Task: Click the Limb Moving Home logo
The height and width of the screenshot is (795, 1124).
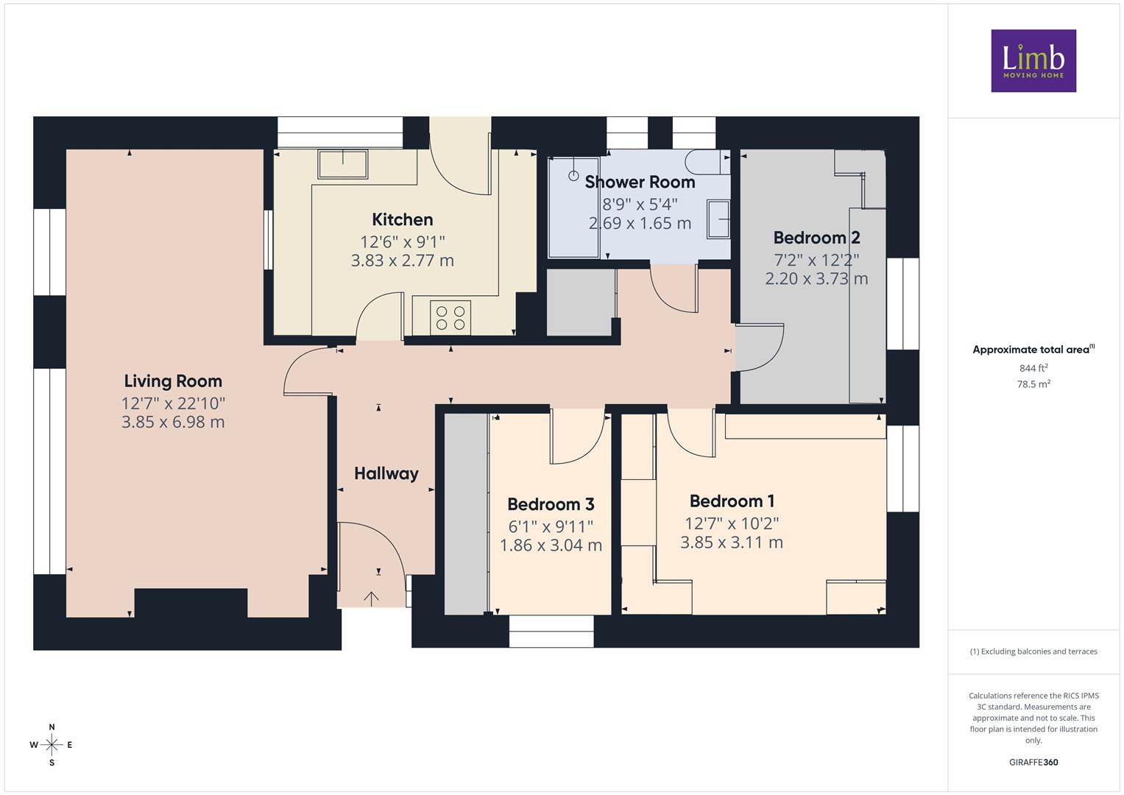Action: (x=1033, y=60)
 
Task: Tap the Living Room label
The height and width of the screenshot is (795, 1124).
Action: (x=173, y=381)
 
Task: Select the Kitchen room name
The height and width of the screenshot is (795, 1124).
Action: (x=403, y=219)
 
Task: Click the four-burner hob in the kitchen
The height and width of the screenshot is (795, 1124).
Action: (x=450, y=318)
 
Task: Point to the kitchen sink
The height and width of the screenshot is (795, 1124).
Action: (x=343, y=163)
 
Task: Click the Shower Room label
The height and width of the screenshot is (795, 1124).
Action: (x=640, y=182)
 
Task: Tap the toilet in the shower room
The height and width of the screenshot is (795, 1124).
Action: (x=708, y=162)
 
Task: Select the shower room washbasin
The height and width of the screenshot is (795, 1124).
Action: (x=718, y=219)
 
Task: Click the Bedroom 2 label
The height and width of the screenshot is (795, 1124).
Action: (x=816, y=237)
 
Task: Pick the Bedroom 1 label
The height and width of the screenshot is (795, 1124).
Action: (x=732, y=501)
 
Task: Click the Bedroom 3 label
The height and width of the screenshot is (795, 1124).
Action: (x=551, y=504)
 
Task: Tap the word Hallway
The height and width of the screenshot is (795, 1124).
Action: (x=386, y=473)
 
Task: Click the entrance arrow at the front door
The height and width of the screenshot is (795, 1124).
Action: (x=371, y=598)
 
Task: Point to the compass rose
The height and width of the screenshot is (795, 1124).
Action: (x=52, y=745)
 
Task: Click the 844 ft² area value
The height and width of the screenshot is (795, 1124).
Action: (x=1033, y=368)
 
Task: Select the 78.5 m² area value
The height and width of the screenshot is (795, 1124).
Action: (x=1033, y=384)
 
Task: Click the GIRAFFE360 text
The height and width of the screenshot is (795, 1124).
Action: (x=1033, y=763)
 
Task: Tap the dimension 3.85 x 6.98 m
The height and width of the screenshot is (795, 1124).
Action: (x=173, y=422)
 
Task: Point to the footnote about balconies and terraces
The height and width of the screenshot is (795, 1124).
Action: (x=1033, y=651)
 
